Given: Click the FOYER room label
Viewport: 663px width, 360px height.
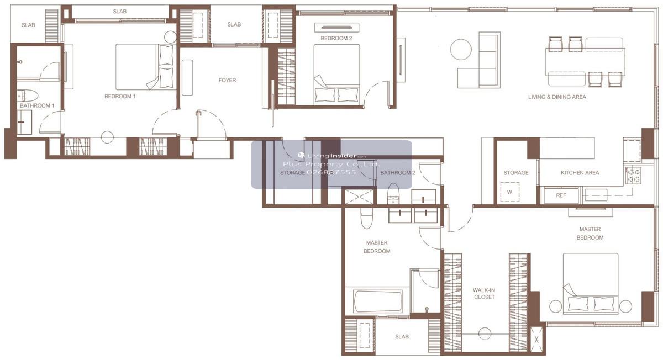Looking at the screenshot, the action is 227,80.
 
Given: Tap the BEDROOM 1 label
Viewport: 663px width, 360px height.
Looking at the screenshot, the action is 120,97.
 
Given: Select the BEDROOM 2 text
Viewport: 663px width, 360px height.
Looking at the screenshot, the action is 336,39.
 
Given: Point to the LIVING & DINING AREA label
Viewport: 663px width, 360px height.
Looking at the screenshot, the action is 557,97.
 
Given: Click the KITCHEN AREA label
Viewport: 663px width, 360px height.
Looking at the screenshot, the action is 580,173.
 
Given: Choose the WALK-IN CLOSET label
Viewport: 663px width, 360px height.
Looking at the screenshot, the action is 484,294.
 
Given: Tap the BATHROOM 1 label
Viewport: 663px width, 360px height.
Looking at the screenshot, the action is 37,105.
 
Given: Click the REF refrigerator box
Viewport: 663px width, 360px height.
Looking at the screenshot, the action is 561,195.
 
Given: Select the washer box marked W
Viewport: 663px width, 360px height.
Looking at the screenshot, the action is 509,192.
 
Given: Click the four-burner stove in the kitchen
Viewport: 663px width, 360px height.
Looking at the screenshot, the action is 633,176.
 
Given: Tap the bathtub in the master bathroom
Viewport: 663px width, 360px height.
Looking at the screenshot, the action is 378,301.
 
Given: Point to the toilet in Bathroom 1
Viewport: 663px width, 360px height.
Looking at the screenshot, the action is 27,96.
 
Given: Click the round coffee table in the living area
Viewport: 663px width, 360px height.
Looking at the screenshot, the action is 461,49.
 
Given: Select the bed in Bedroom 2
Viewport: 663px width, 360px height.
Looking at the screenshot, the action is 337,74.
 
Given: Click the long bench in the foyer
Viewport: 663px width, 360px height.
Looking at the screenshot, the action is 187,77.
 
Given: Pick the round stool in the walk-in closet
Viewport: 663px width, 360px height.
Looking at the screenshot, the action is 485,334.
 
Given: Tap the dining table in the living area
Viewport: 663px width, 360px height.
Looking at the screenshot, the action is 585,62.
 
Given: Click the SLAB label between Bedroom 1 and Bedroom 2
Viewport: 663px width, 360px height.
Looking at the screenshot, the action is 234,24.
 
